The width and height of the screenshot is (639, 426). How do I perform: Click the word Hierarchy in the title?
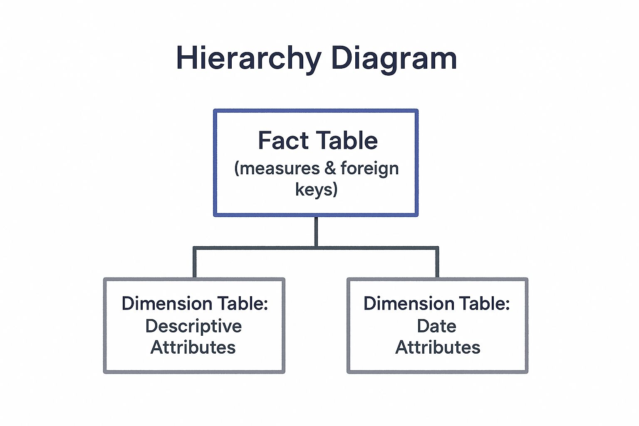(249, 59)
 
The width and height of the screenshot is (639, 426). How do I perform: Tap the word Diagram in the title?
(394, 59)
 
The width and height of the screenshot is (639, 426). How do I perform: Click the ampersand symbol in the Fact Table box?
(330, 168)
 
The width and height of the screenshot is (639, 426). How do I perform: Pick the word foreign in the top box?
(370, 169)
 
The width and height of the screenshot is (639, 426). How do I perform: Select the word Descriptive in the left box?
(194, 327)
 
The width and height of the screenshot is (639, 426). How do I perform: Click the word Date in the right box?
(437, 326)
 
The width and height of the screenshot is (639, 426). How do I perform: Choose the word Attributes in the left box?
(193, 347)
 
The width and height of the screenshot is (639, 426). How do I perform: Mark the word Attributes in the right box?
(438, 347)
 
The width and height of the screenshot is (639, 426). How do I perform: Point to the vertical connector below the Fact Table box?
(316, 231)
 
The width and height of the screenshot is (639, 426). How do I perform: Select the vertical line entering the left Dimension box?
(195, 263)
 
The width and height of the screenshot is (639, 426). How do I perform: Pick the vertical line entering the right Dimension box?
(437, 263)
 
